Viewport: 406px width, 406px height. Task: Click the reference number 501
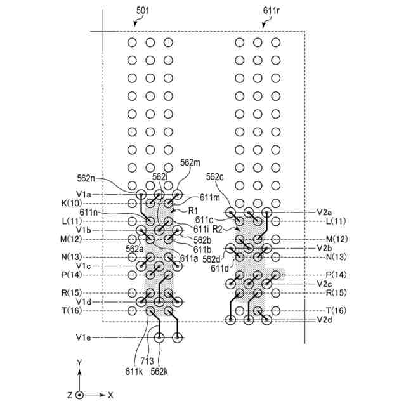point(143,11)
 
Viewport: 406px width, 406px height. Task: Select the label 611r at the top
point(271,11)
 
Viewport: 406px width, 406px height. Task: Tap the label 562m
point(190,162)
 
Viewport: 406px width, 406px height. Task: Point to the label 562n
point(86,178)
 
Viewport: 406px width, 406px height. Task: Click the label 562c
point(214,177)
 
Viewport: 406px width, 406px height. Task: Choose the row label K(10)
point(72,203)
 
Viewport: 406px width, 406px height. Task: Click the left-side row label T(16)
point(72,310)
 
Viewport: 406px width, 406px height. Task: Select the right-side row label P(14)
point(336,275)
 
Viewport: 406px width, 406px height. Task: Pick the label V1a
point(83,194)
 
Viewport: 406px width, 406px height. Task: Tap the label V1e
point(83,337)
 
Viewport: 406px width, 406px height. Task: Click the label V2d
point(324,320)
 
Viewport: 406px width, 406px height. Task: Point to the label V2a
point(324,213)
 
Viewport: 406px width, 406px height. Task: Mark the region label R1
point(193,211)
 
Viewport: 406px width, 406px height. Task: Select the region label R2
point(217,229)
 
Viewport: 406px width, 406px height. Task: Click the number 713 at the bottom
point(147,361)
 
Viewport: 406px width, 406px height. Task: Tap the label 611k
point(134,372)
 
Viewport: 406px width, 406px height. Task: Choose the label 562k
point(159,372)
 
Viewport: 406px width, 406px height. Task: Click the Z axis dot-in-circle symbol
point(80,395)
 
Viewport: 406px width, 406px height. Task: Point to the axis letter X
point(110,395)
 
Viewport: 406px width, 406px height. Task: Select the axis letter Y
point(79,362)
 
